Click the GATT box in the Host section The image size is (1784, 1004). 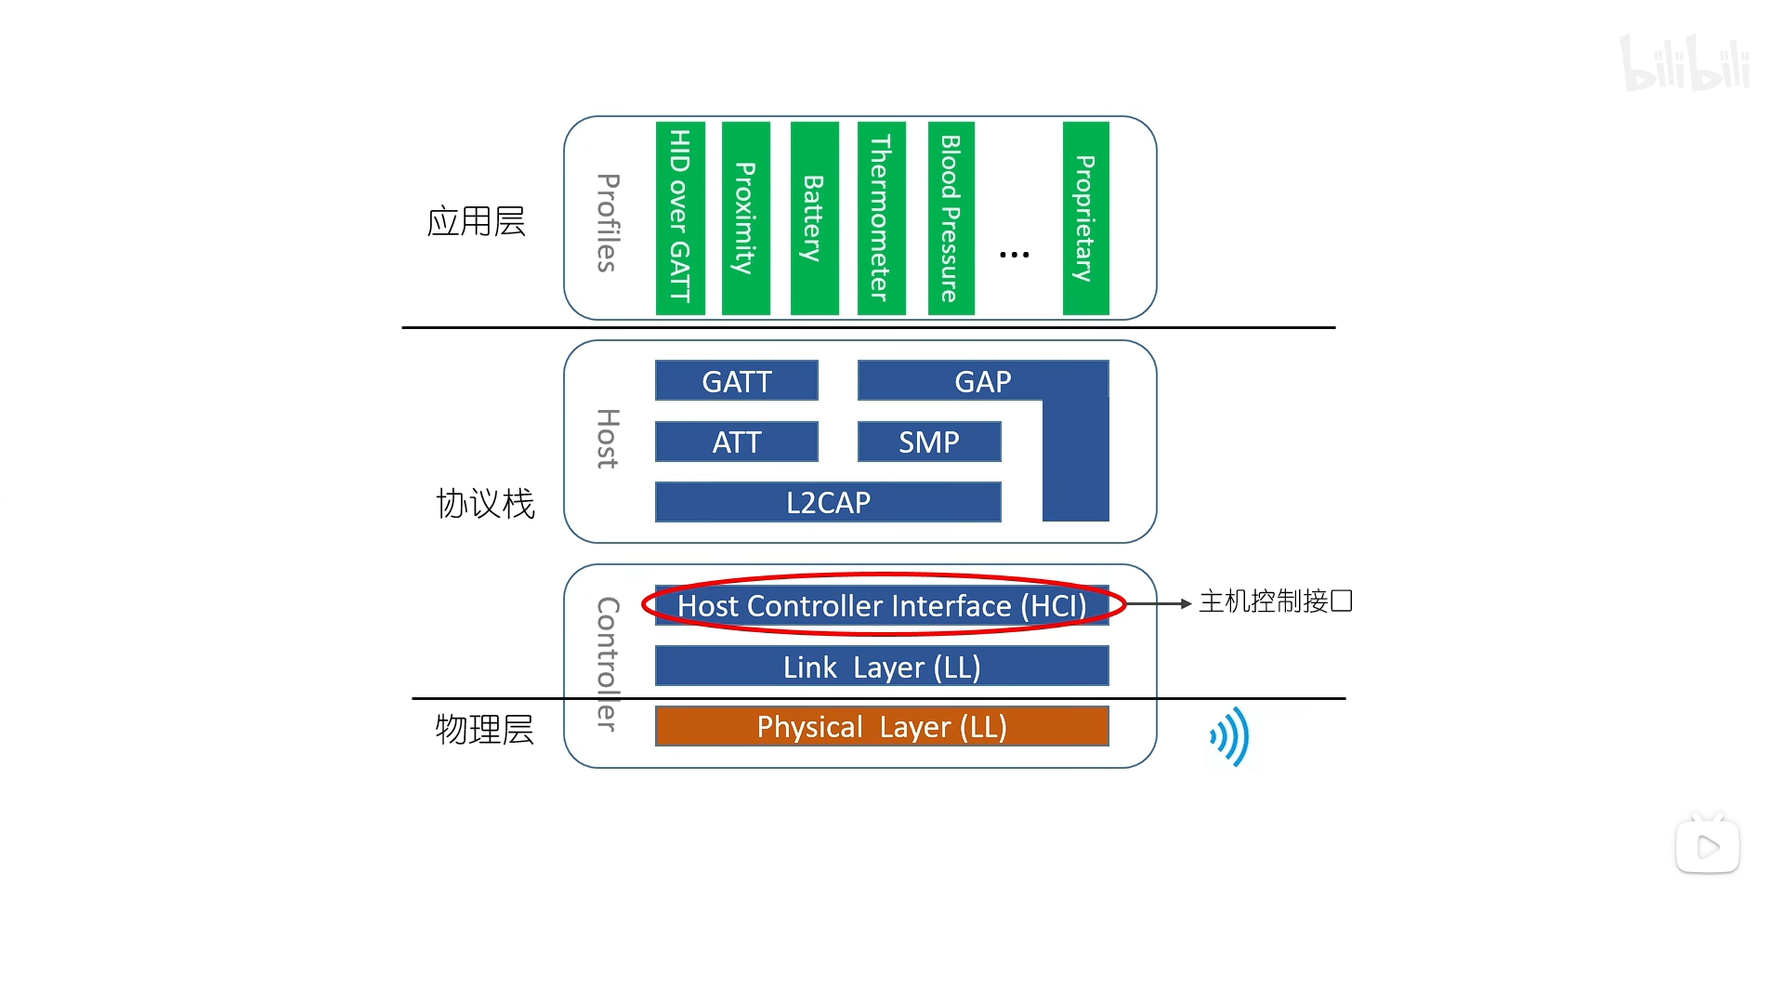coord(736,381)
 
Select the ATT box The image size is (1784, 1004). coord(736,442)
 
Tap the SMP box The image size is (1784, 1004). coord(929,442)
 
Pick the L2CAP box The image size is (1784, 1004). coord(827,502)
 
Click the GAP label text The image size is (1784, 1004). coord(982,381)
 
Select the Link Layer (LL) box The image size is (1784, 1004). coord(881,667)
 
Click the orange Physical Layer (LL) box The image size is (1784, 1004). coord(881,726)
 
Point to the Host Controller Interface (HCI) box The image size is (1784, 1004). coord(881,605)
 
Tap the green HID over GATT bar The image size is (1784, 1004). coord(680,218)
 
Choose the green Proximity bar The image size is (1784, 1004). coord(745,218)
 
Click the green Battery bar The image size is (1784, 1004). coord(814,218)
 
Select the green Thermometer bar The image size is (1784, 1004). coord(881,218)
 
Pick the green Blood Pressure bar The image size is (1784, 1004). coord(951,218)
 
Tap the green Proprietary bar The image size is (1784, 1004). coord(1085,218)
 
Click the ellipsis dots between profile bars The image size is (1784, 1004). coord(1014,254)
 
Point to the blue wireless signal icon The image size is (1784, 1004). coord(1230,736)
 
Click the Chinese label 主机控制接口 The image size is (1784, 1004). coord(1275,601)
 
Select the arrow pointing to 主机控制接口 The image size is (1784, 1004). coord(1160,603)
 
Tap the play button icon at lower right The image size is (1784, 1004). coord(1707,846)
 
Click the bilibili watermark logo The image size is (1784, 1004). coord(1685,63)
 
